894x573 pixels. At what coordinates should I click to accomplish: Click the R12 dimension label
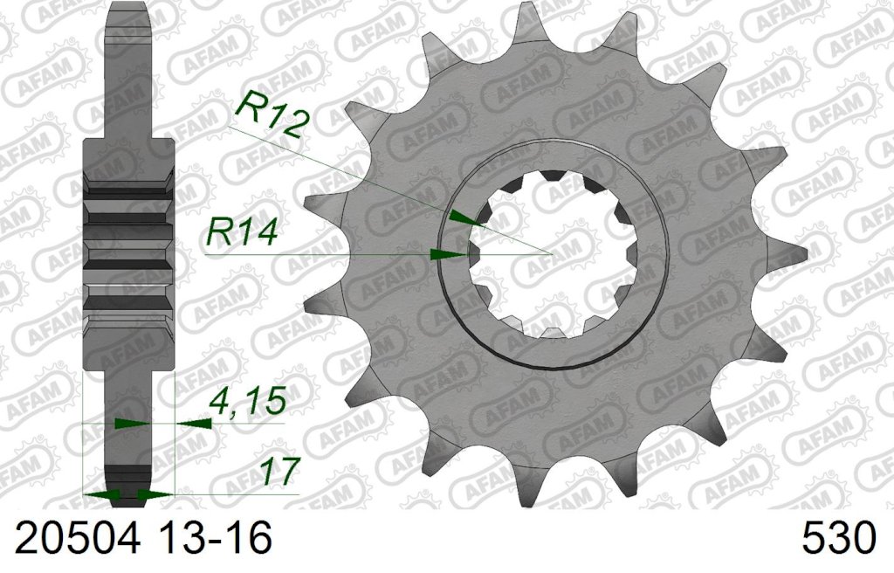click(x=271, y=116)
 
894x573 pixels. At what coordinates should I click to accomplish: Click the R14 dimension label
click(x=242, y=232)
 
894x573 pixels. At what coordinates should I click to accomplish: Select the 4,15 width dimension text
click(x=247, y=400)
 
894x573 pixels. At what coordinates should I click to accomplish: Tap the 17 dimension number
click(x=279, y=472)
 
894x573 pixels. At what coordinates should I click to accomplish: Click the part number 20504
click(x=77, y=537)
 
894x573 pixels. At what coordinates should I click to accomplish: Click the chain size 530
click(x=838, y=537)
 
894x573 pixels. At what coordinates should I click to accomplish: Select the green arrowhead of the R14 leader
click(x=449, y=254)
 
